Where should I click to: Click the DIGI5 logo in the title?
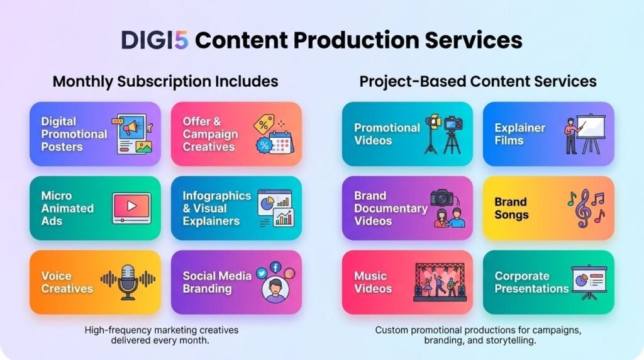(155, 40)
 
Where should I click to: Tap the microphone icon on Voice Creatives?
(128, 282)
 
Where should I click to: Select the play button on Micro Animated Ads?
(132, 205)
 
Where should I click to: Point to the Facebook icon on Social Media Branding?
(275, 267)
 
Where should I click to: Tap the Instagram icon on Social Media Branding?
(289, 273)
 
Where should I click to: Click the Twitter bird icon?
(261, 273)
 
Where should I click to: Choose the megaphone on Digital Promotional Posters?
(131, 127)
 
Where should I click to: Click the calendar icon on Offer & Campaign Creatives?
(280, 143)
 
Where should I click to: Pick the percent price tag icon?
(264, 124)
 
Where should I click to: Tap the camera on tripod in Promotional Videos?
(452, 135)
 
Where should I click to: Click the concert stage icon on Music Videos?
(440, 282)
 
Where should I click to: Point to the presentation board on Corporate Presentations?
(589, 281)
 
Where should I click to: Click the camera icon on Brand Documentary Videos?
(442, 198)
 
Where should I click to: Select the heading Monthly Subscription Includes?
(165, 81)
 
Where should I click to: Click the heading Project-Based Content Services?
(478, 81)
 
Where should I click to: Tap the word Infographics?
(217, 196)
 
